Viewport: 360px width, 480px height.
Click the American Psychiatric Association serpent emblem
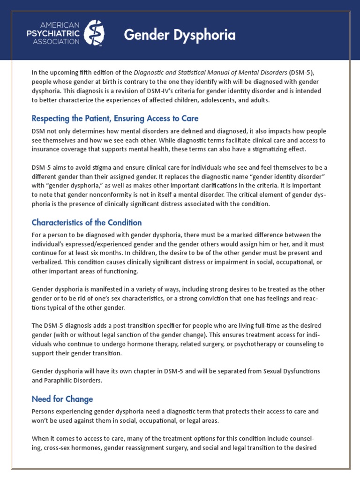pyautogui.click(x=96, y=33)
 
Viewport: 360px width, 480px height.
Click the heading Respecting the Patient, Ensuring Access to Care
pyautogui.click(x=115, y=119)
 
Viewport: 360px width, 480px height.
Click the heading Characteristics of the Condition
pyautogui.click(x=87, y=222)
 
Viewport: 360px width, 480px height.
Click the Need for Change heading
pyautogui.click(x=62, y=399)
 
